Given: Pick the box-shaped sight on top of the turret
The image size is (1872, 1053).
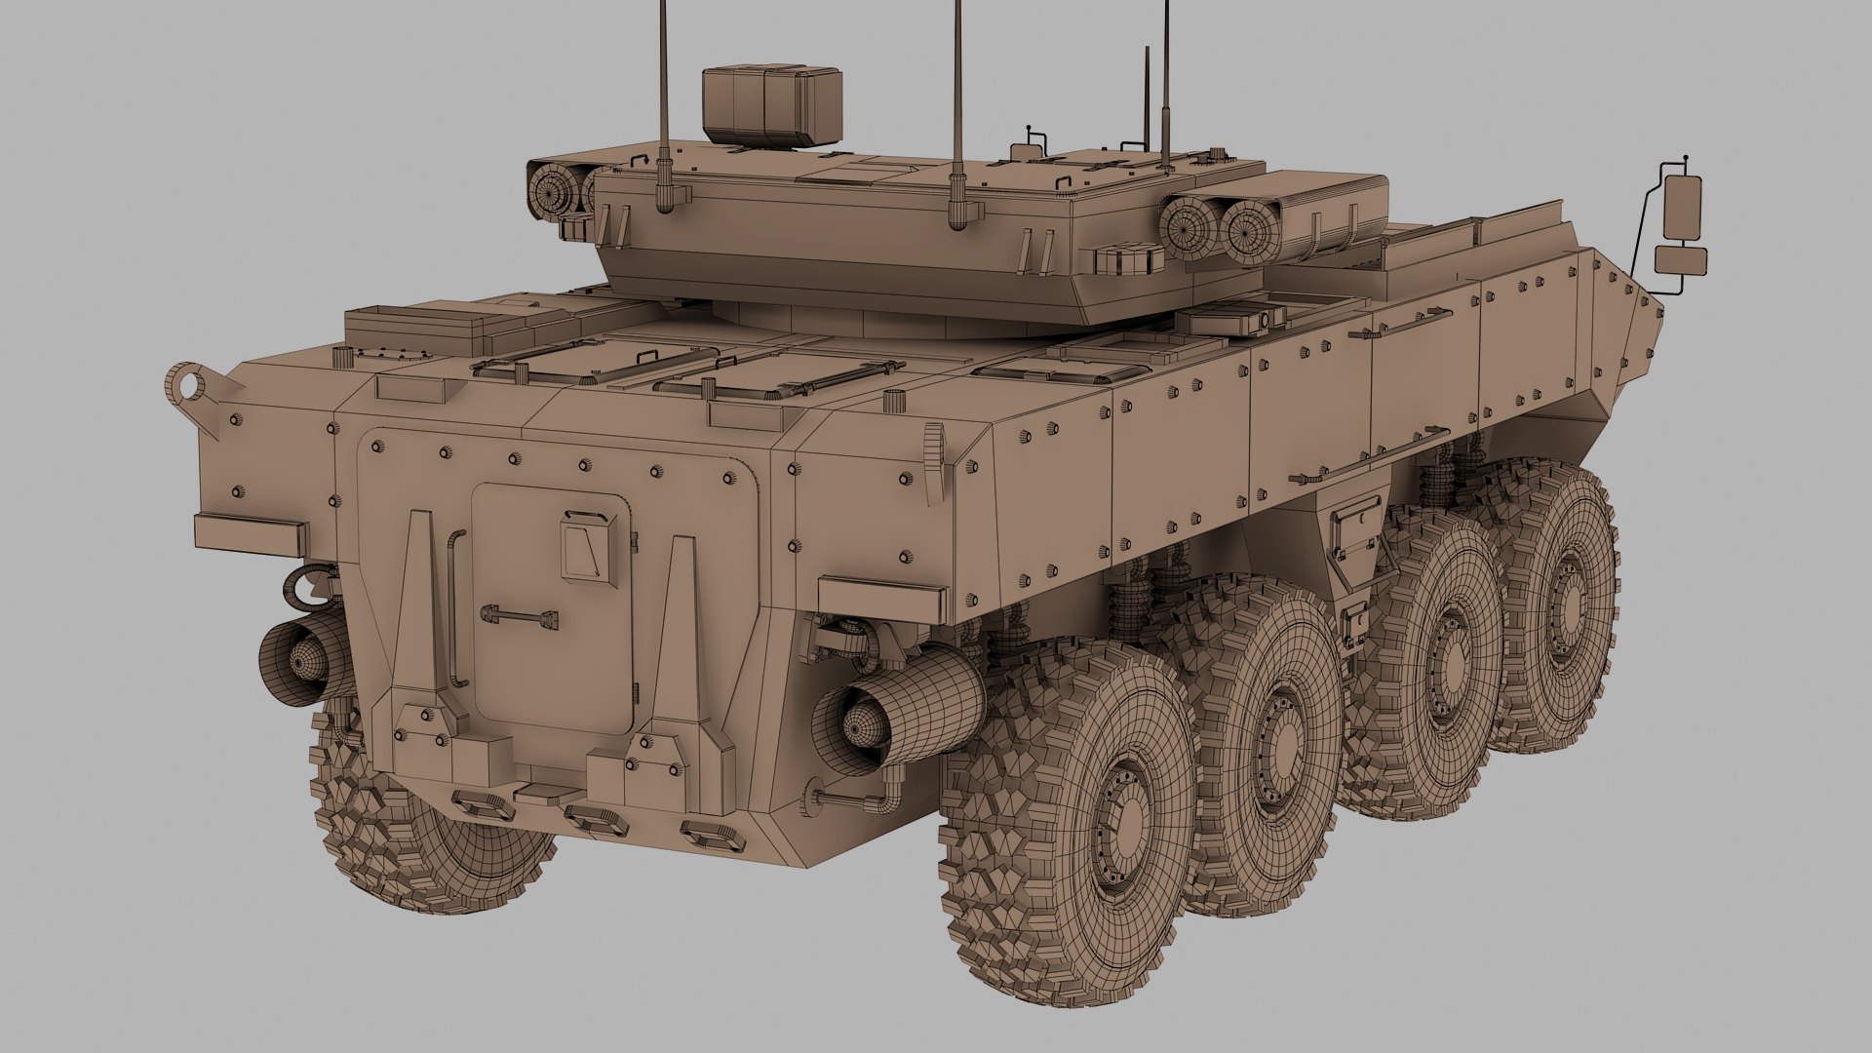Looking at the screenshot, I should tap(771, 102).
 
